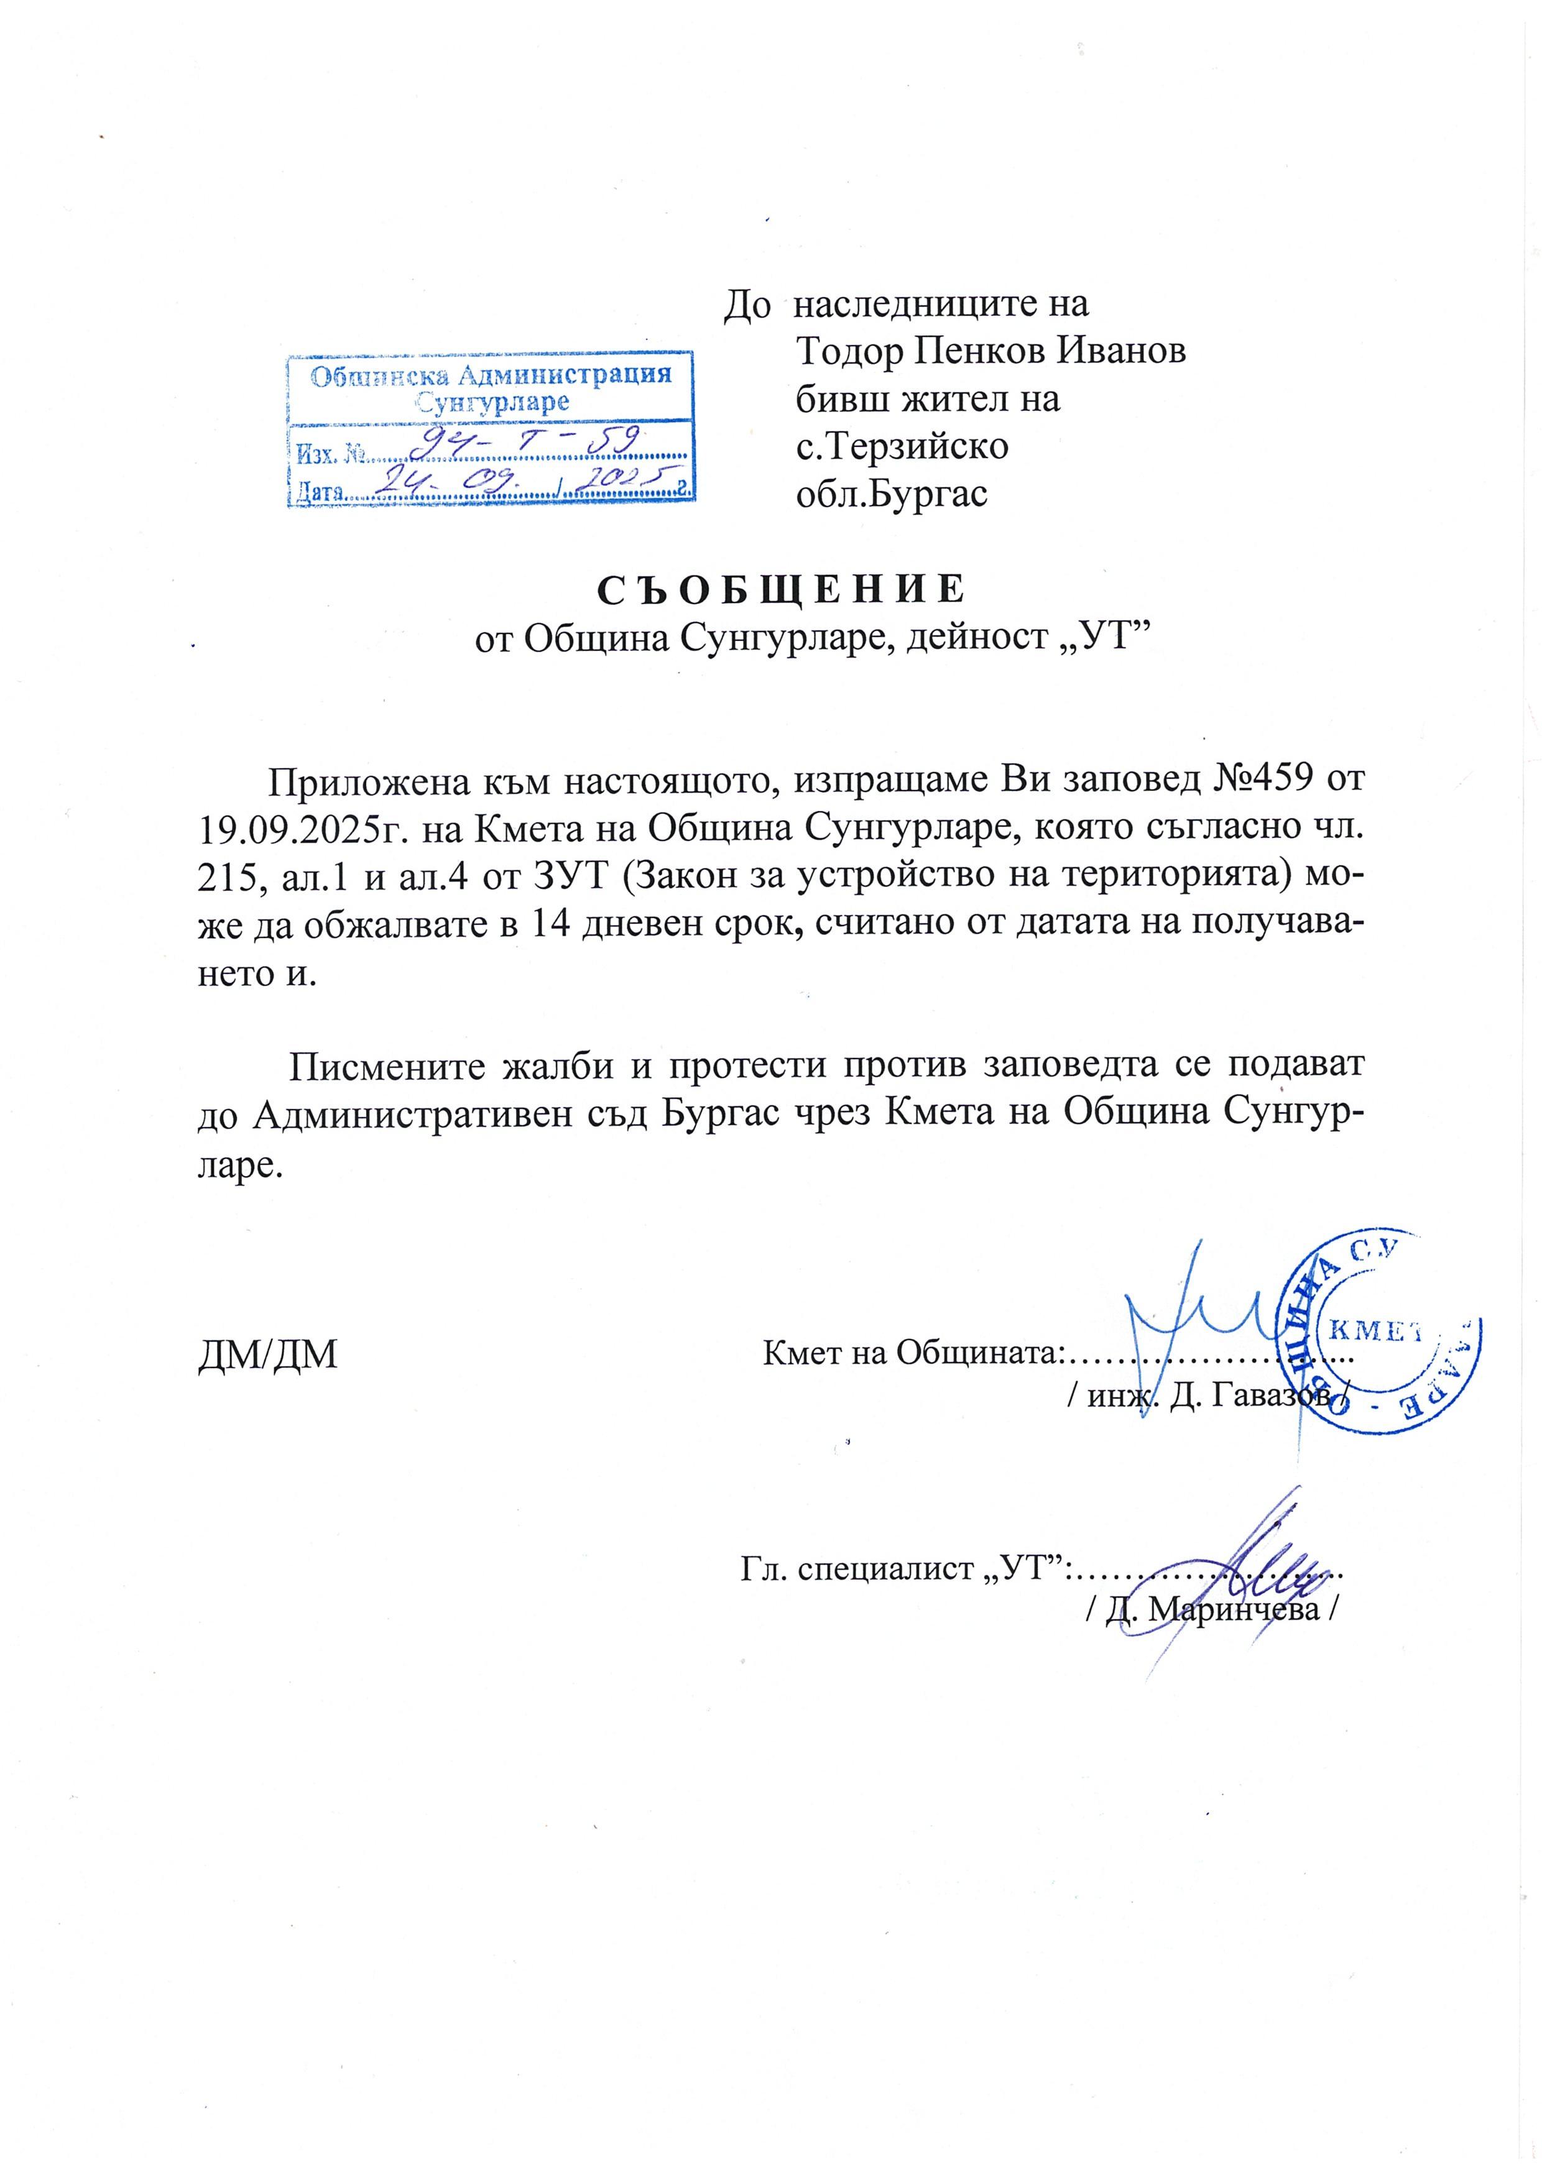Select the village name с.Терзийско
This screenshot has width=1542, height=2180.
pos(902,446)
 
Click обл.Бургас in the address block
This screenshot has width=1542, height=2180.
pos(892,495)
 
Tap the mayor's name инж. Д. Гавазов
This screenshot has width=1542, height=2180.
pos(1206,1397)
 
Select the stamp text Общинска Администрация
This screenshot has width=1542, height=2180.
pos(492,375)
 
